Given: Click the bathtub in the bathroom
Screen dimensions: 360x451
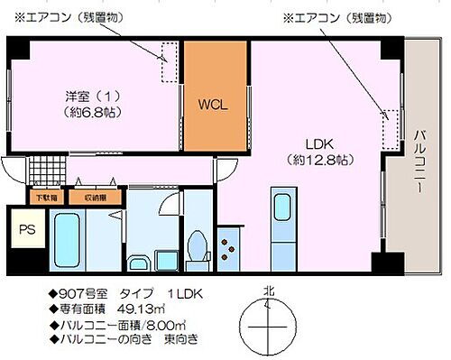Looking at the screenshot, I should pos(68,236).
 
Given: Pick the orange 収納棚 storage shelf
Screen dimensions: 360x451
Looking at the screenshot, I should pos(96,197).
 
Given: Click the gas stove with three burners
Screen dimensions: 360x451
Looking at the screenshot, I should pos(227,248).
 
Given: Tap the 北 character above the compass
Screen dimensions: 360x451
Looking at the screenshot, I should pos(268,291).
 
